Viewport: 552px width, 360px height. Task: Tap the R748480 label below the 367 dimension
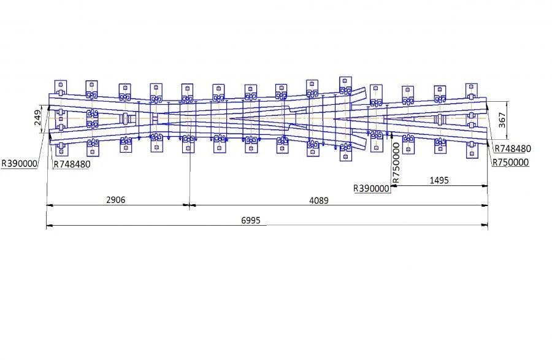512,148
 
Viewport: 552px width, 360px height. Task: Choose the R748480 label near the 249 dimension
72,164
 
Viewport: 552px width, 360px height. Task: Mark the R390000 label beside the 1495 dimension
372,189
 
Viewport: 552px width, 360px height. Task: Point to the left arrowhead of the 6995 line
48,226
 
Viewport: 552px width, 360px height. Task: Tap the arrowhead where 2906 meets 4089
190,206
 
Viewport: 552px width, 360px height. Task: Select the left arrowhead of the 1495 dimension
393,186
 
